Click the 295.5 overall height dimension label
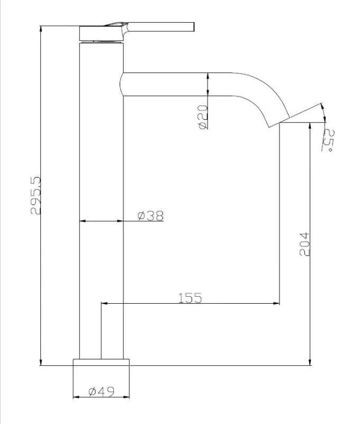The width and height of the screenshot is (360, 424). pos(36,196)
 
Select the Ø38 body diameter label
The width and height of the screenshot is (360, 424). pos(150,216)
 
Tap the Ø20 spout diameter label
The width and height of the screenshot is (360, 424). pos(203,117)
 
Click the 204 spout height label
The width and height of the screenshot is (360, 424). pos(304,244)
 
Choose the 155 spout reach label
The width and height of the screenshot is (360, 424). pos(190,298)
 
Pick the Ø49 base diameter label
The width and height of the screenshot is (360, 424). pos(102,391)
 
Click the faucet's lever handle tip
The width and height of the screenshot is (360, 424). pos(193,27)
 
